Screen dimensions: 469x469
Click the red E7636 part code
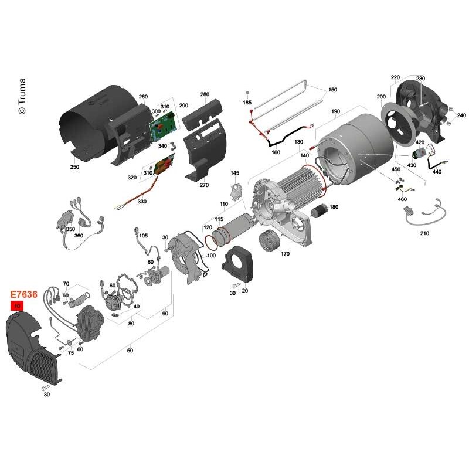tap(24, 294)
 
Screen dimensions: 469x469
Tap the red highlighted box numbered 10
tap(17, 305)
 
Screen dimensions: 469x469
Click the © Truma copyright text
tap(22, 96)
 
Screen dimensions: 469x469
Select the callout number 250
tap(74, 167)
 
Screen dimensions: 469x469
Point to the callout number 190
tap(335, 111)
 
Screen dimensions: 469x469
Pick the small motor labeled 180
tap(320, 210)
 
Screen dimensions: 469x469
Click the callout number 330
tap(142, 202)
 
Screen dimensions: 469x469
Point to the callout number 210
tap(424, 233)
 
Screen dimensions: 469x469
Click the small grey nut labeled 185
tap(247, 93)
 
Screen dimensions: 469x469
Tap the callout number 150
tap(332, 90)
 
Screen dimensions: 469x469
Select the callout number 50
tap(130, 350)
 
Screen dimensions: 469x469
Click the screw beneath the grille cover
tap(45, 388)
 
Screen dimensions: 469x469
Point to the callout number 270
tap(204, 185)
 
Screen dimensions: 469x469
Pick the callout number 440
tap(437, 172)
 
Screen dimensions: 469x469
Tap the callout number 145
tap(235, 173)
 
